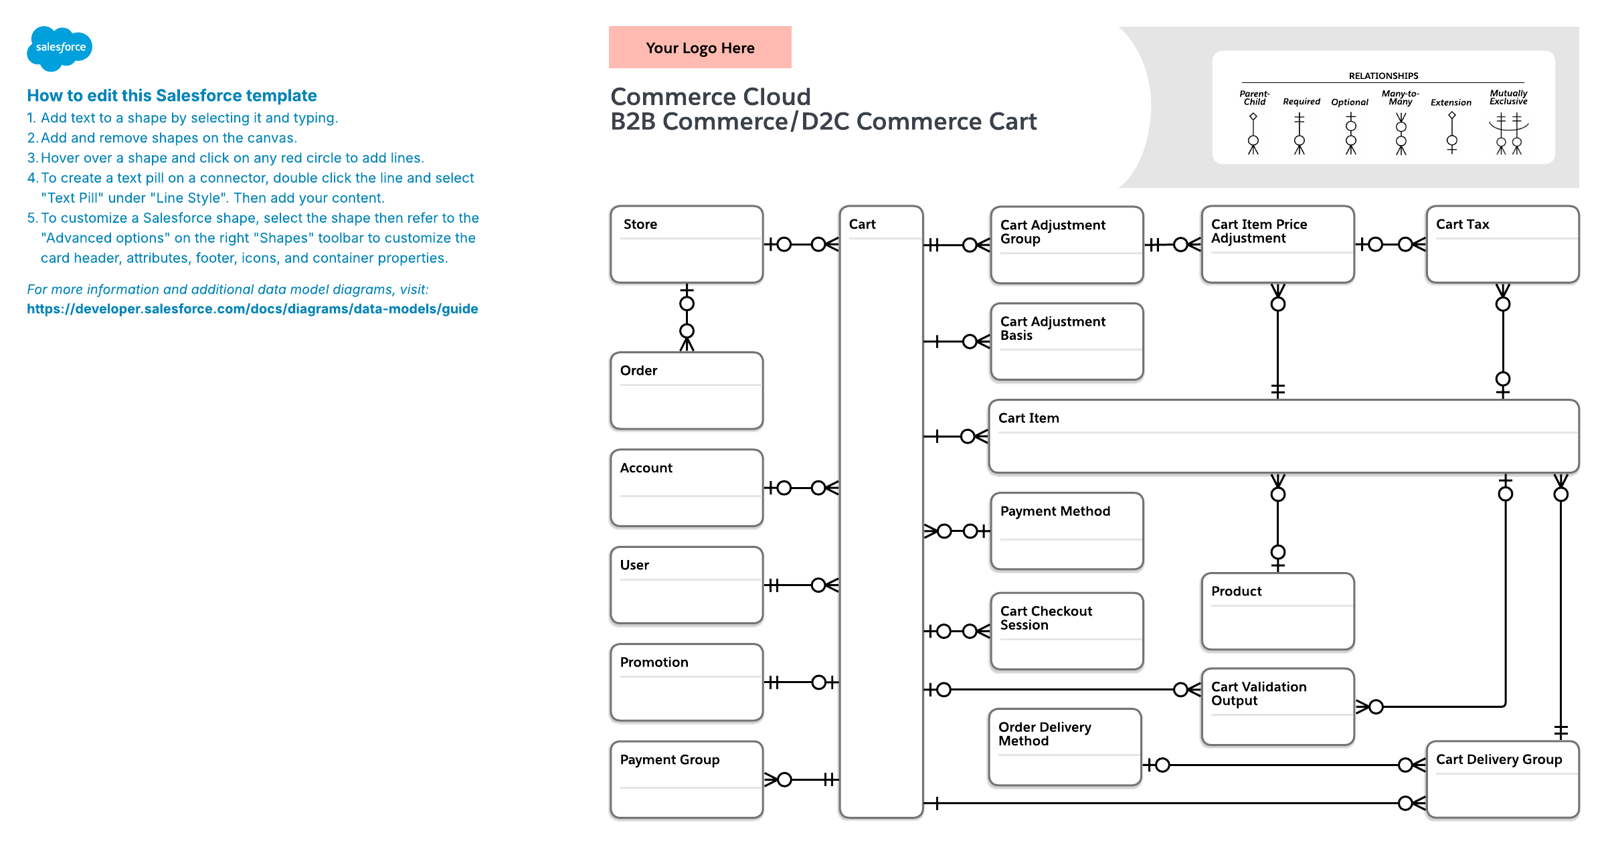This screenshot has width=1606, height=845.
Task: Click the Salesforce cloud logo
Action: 60,48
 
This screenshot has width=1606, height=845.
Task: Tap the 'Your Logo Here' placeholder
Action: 700,48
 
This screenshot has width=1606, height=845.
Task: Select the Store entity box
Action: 687,244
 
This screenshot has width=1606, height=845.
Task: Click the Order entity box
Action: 687,391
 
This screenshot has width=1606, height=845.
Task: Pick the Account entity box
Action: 687,488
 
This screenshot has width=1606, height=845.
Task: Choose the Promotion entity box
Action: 687,682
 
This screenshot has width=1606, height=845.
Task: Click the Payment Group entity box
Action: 687,779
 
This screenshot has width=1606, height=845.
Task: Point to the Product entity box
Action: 1277,611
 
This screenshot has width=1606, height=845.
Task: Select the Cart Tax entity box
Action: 1502,244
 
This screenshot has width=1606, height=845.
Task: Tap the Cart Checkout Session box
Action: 1067,631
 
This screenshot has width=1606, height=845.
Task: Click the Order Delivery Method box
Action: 1065,747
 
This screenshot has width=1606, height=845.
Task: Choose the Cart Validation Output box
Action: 1277,707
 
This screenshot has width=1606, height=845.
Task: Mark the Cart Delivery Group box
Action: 1502,779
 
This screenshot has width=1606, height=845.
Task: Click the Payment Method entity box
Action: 1067,531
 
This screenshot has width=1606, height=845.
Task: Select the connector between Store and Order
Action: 687,318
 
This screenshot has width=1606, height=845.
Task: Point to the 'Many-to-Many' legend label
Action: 1400,98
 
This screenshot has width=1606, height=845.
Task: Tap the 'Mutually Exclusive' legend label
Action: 1508,98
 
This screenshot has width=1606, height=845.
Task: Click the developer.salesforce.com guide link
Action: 252,309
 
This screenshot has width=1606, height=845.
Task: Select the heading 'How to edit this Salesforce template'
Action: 172,96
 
